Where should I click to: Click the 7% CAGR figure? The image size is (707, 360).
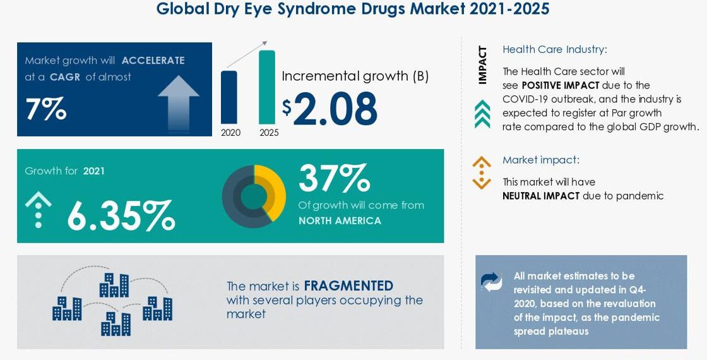46,109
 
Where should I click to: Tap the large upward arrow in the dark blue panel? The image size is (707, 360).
179,102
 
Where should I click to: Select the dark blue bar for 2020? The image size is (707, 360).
229,97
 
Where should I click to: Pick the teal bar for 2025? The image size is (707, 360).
267,87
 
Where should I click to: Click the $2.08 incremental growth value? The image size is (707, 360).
330,108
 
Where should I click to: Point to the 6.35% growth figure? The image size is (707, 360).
121,215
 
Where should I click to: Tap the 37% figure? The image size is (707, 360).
334,178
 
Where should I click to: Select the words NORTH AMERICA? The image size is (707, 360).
340,220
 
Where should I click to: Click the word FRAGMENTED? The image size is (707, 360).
348,285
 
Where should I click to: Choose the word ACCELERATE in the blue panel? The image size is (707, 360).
153,61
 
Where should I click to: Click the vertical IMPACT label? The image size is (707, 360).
482,65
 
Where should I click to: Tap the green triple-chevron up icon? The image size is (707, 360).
482,114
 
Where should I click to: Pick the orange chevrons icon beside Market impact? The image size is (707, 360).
481,172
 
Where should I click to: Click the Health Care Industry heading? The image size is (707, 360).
555,49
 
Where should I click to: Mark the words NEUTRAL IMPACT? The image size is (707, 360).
540,196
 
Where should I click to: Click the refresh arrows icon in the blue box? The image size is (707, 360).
492,282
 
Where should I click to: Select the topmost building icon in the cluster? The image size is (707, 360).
114,285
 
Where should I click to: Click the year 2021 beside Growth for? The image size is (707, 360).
94,171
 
